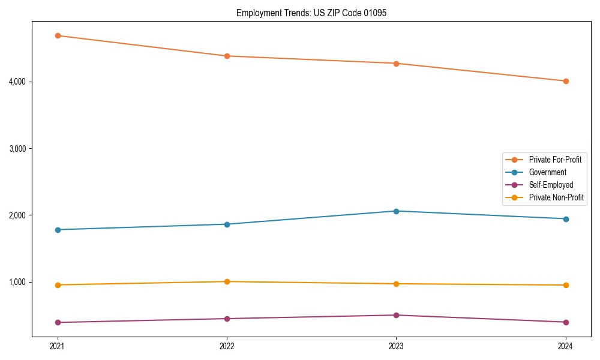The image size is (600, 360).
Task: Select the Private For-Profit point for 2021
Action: pyautogui.click(x=58, y=35)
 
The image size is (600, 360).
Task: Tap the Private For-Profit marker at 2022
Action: pyautogui.click(x=227, y=56)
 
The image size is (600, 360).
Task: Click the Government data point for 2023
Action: pyautogui.click(x=396, y=211)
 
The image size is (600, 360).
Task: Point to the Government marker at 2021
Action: pyautogui.click(x=58, y=230)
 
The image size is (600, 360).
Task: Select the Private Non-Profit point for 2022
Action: pyautogui.click(x=227, y=281)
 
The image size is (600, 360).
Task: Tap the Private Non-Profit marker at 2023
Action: pyautogui.click(x=396, y=284)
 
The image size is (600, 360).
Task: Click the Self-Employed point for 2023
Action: pyautogui.click(x=396, y=315)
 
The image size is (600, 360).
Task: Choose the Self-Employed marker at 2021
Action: pyautogui.click(x=58, y=322)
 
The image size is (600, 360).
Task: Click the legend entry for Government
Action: pyautogui.click(x=547, y=172)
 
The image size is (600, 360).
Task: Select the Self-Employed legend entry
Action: pyautogui.click(x=551, y=185)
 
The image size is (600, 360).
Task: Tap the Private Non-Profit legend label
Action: pyautogui.click(x=556, y=197)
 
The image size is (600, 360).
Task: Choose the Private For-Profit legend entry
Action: pyautogui.click(x=554, y=160)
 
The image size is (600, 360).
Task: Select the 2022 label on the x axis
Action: pyautogui.click(x=227, y=346)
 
